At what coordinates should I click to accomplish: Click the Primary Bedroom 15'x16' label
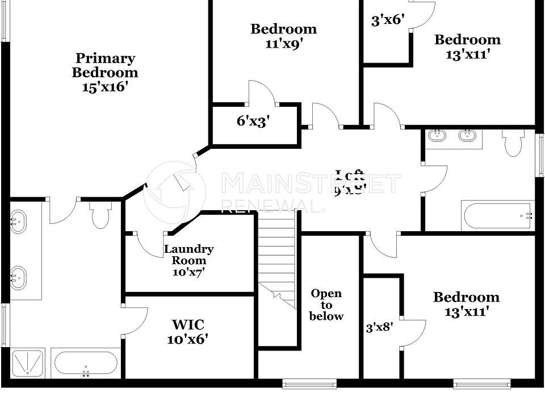tap(105, 73)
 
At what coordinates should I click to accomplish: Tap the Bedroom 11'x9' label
tap(283, 36)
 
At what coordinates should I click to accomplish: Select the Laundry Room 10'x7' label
tap(189, 260)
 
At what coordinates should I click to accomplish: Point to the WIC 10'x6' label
tap(188, 332)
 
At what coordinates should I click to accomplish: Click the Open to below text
tap(326, 305)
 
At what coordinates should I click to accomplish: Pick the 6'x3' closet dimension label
tap(253, 121)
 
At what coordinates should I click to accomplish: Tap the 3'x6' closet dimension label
tap(387, 21)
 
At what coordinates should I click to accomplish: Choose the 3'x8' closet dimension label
tap(380, 328)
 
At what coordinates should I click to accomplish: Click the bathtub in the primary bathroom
tap(86, 364)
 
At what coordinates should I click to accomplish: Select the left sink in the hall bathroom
tap(438, 136)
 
